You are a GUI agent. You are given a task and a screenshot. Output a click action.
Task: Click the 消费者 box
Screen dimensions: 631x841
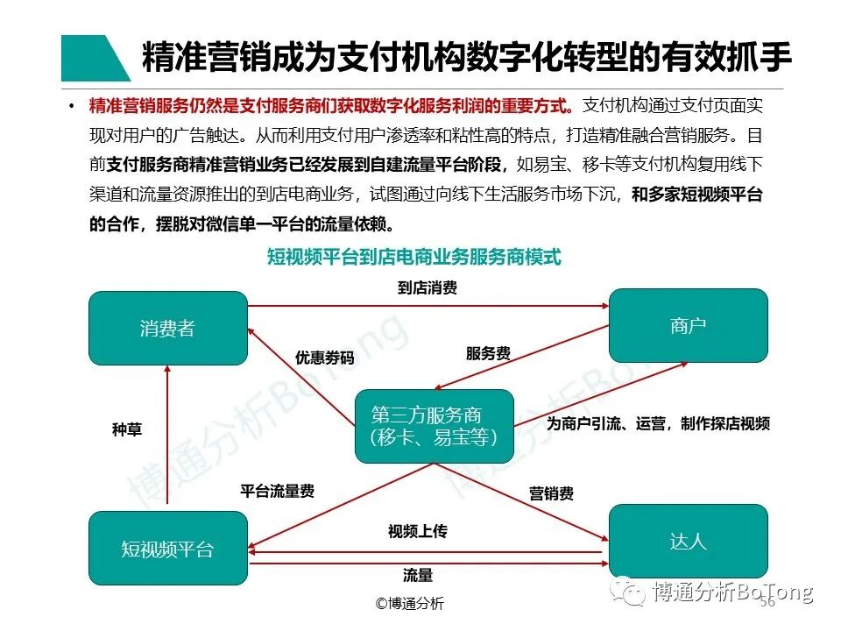click(x=167, y=328)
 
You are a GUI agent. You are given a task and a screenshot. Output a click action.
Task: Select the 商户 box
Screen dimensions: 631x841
click(x=688, y=325)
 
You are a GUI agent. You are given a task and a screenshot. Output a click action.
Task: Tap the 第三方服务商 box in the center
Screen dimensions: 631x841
click(x=434, y=426)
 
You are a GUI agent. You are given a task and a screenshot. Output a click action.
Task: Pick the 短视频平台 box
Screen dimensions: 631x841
click(x=167, y=549)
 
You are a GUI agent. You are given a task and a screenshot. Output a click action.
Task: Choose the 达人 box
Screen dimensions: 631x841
click(x=688, y=541)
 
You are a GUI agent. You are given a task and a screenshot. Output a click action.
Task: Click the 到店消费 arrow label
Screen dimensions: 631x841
click(x=428, y=287)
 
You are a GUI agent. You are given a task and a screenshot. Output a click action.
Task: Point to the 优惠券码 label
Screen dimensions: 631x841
click(x=325, y=358)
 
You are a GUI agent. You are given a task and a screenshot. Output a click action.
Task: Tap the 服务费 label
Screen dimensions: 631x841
click(x=488, y=353)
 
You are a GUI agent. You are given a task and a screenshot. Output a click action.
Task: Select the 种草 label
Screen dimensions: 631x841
click(x=127, y=429)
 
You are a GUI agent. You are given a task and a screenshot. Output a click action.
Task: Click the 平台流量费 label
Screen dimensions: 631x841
click(x=277, y=491)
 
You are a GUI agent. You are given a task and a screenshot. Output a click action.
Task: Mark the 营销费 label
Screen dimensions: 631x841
click(x=551, y=493)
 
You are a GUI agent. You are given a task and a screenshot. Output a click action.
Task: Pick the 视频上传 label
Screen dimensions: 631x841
click(x=418, y=531)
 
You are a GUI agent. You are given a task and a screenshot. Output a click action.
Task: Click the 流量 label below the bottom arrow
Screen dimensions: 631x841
click(x=418, y=575)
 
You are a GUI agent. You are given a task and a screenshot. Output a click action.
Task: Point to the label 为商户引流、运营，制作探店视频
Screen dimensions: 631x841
click(x=658, y=423)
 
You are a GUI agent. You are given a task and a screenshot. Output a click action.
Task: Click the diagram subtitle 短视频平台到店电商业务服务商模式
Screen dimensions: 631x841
click(x=413, y=257)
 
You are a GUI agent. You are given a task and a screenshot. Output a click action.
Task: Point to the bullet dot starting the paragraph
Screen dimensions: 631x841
click(x=70, y=107)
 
